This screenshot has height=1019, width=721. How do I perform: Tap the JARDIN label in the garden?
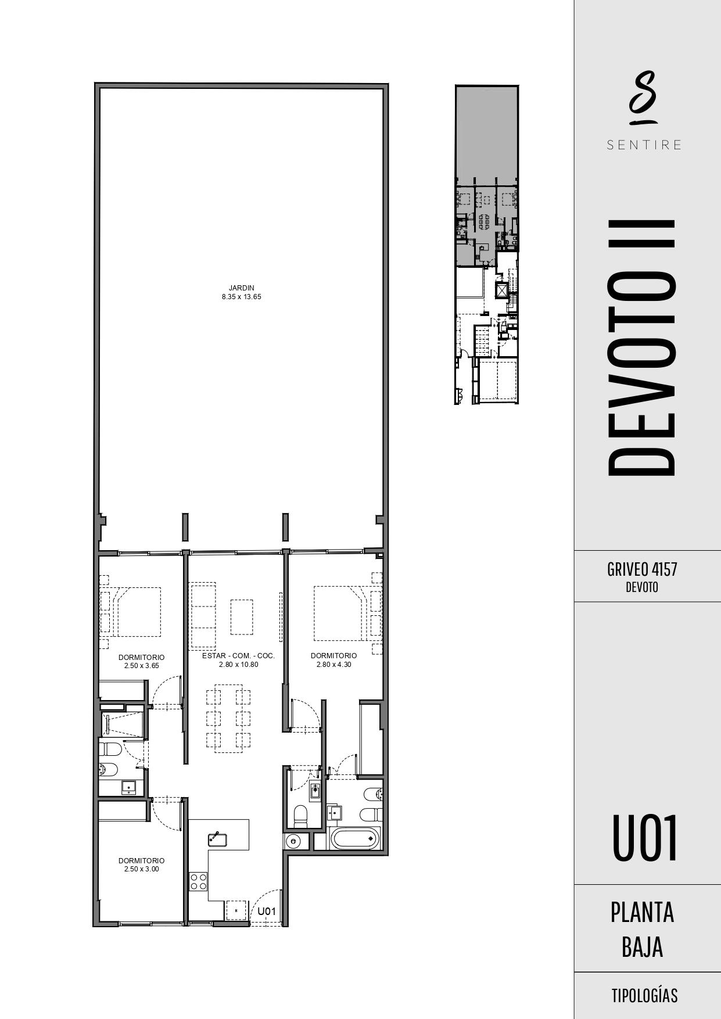pyautogui.click(x=241, y=288)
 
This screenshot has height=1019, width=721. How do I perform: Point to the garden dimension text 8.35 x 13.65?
pyautogui.click(x=241, y=297)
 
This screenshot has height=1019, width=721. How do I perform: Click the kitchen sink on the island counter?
pyautogui.click(x=217, y=838)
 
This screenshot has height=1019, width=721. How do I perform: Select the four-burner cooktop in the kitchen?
pyautogui.click(x=198, y=881)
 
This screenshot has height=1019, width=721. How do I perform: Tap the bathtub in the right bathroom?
pyautogui.click(x=355, y=839)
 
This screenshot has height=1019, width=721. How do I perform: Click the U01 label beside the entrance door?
pyautogui.click(x=266, y=912)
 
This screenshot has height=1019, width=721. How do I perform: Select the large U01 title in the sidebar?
pyautogui.click(x=645, y=838)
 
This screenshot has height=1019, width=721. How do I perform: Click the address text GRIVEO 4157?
pyautogui.click(x=642, y=569)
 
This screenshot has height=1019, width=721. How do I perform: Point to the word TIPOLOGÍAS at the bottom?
pyautogui.click(x=644, y=996)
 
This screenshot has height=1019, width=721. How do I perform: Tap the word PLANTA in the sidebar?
pyautogui.click(x=642, y=913)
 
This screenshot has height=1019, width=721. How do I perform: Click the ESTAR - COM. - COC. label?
pyautogui.click(x=238, y=656)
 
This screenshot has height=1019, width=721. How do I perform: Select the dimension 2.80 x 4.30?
pyautogui.click(x=333, y=665)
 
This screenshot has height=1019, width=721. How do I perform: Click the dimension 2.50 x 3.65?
pyautogui.click(x=141, y=666)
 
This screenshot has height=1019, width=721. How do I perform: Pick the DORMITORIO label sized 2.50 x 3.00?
pyautogui.click(x=141, y=860)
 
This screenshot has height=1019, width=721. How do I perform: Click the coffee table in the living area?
pyautogui.click(x=242, y=617)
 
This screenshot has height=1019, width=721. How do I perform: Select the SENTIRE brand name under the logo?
pyautogui.click(x=644, y=145)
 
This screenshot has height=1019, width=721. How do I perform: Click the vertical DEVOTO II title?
pyautogui.click(x=642, y=347)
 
